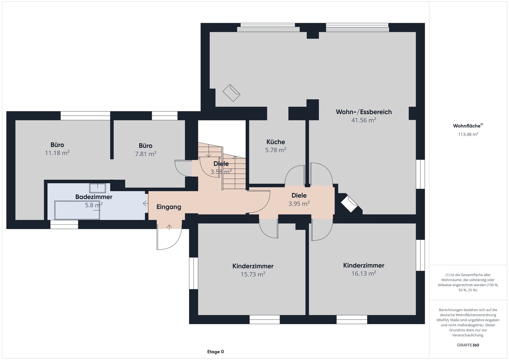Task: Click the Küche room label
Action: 276,142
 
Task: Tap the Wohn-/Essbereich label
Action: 364,112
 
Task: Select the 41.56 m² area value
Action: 364,120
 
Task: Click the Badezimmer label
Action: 94,197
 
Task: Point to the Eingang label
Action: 169,207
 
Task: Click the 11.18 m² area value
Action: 57,153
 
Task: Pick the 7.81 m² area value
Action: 146,154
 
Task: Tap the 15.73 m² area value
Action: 253,274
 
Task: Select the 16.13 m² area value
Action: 364,273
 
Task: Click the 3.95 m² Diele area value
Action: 299,203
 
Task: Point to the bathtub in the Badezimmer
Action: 77,210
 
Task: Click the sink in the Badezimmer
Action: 97,188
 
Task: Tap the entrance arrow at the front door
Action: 169,227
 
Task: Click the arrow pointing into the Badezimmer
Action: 146,203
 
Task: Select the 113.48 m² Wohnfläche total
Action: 468,134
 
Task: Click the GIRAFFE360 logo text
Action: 468,345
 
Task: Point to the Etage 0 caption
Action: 215,352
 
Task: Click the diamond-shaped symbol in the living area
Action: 231,93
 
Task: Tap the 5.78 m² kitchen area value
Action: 276,150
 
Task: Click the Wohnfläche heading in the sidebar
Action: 468,126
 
